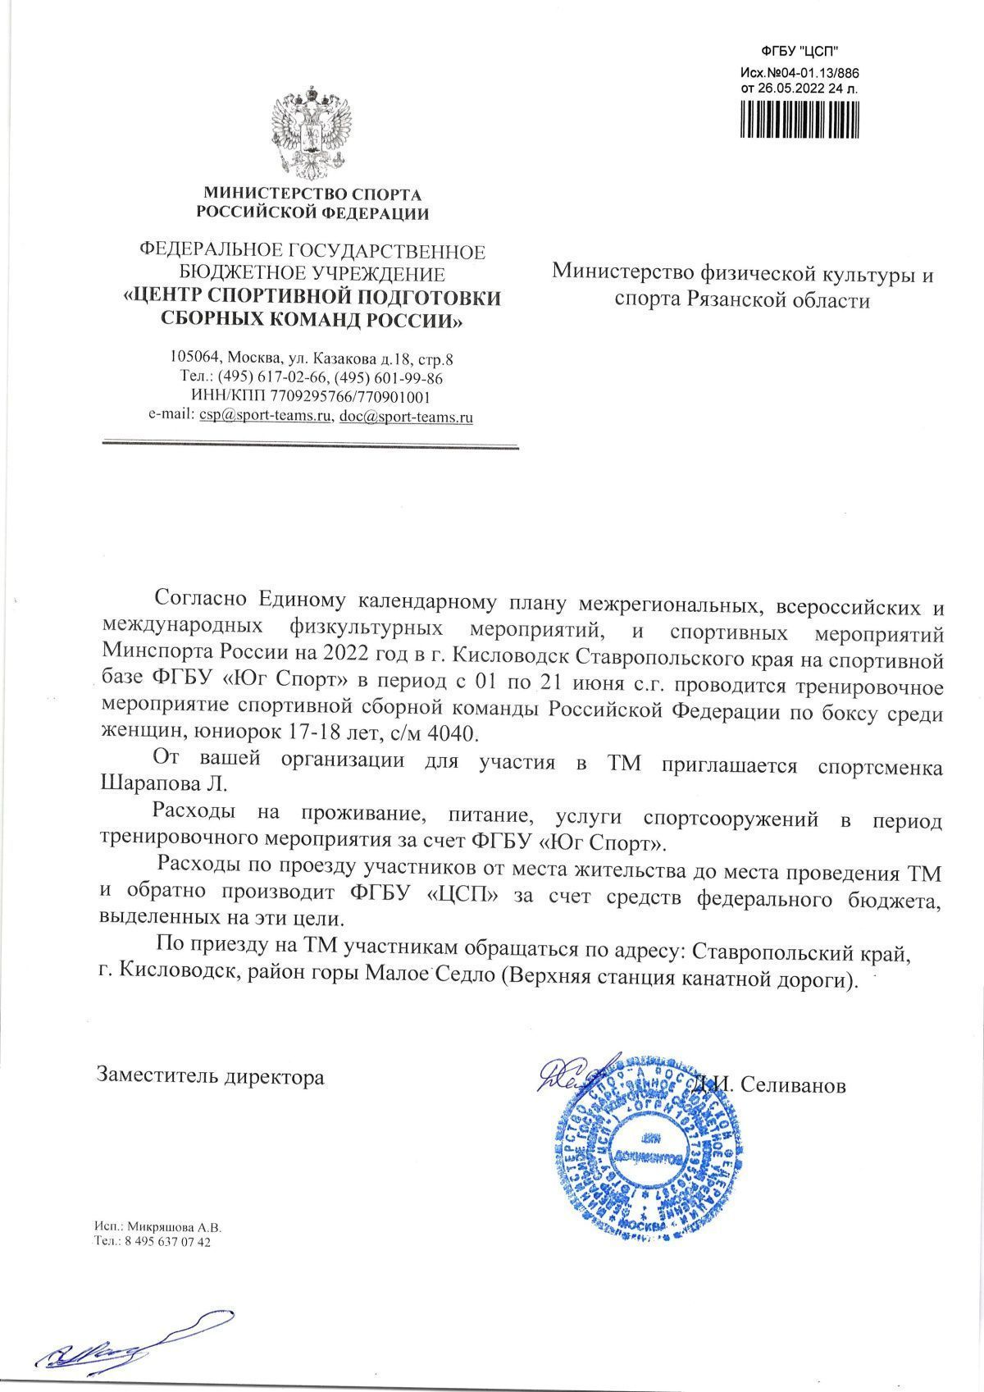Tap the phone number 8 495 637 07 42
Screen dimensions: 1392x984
(165, 1242)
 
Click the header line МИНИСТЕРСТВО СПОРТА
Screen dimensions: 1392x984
(311, 195)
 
